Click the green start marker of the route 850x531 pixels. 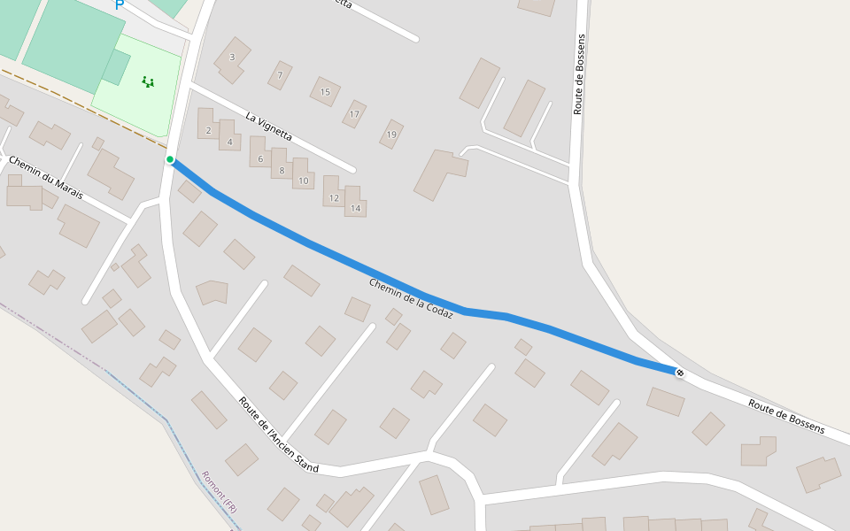(170, 159)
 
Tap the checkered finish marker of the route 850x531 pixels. (679, 373)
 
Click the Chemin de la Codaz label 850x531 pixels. (411, 298)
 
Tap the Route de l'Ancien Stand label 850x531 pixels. (278, 434)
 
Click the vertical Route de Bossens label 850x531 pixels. (580, 74)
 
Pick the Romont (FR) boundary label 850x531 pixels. (220, 492)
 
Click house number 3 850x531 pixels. (232, 58)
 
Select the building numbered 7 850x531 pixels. (280, 75)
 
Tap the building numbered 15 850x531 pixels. (325, 92)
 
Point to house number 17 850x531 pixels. (354, 114)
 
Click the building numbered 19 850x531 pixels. (391, 135)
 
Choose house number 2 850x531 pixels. (208, 130)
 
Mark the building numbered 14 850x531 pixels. (355, 208)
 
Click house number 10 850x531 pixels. (303, 181)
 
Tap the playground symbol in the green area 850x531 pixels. (148, 82)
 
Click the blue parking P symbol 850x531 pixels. (120, 6)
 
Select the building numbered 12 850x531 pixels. (334, 198)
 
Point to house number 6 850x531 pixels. (260, 159)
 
